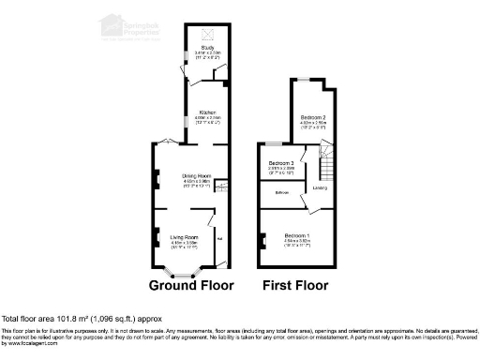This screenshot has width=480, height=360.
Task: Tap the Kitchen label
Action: point(207,112)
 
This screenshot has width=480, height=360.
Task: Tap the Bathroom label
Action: point(280,192)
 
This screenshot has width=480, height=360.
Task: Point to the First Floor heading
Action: point(299,285)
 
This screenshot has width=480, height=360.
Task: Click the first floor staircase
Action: point(329,167)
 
